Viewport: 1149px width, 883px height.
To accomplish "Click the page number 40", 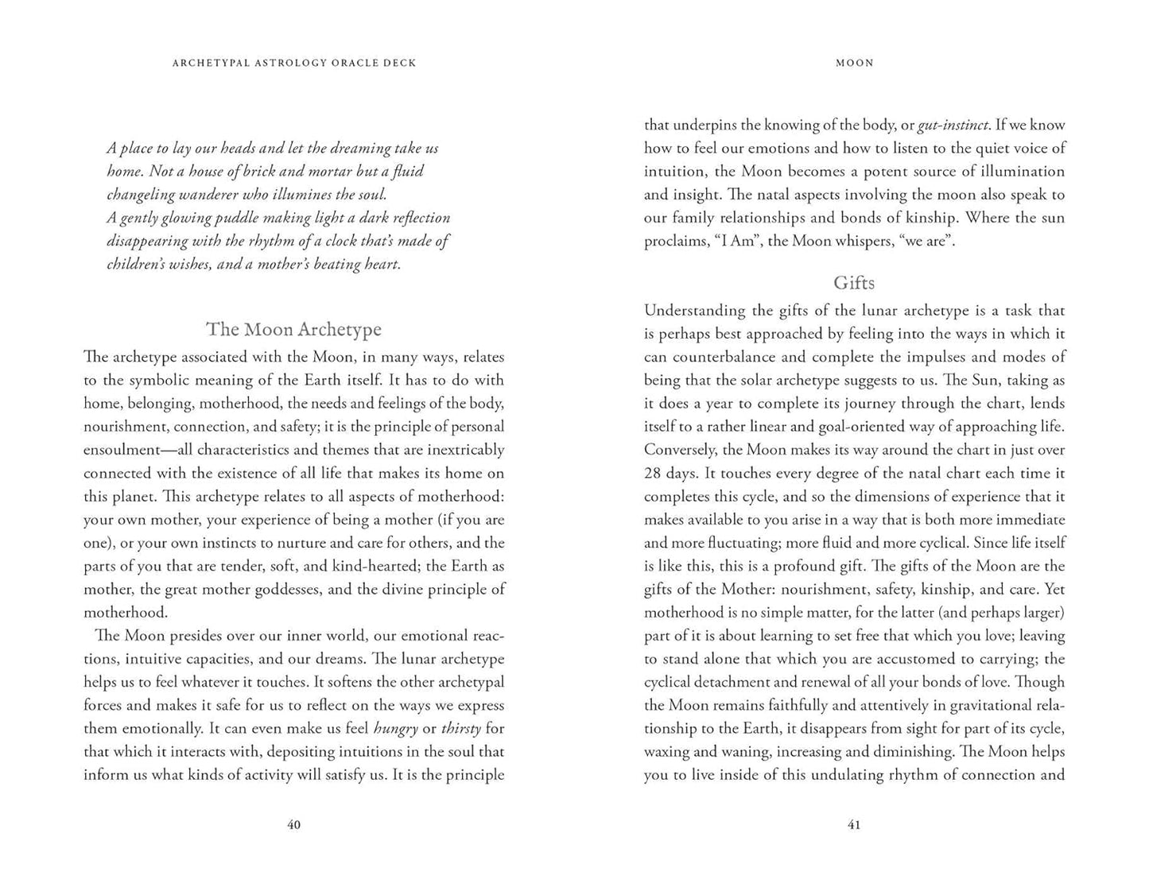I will [x=293, y=825].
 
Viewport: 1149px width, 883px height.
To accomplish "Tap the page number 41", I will [x=854, y=825].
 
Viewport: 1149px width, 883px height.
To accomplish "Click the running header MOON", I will [x=855, y=63].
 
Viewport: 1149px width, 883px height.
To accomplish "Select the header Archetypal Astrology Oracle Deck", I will [x=294, y=63].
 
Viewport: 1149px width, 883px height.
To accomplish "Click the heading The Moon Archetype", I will [x=293, y=329].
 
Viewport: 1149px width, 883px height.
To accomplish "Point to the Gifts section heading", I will [x=854, y=283].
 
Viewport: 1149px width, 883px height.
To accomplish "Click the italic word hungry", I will [x=395, y=728].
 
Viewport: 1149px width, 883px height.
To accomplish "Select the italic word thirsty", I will [x=461, y=728].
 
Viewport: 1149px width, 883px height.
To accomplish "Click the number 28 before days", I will [x=654, y=473].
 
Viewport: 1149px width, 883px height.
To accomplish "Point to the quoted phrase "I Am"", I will [x=731, y=241].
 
